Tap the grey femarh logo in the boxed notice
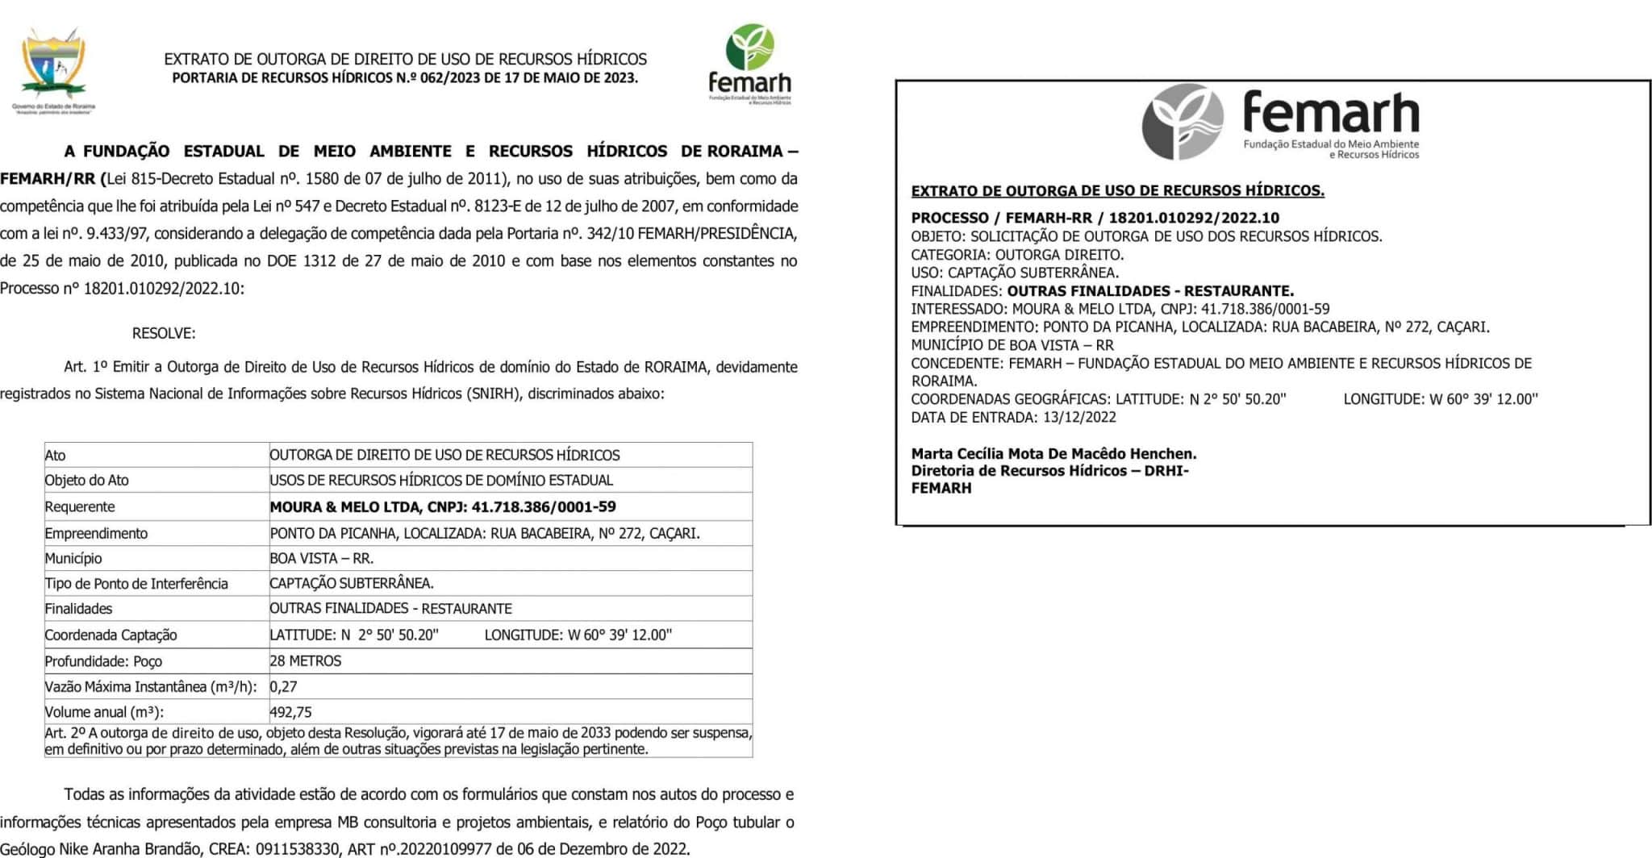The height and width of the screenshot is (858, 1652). coord(1280,122)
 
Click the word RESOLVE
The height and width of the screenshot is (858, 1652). coord(163,333)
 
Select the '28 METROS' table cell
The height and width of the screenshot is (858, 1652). coord(305,661)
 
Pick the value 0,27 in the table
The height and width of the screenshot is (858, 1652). coord(283,687)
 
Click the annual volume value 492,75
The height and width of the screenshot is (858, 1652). coord(290,712)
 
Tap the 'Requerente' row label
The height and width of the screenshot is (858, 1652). coord(80,507)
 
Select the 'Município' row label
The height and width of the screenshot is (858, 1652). coord(73,558)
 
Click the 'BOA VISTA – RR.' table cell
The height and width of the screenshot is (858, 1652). coord(321,558)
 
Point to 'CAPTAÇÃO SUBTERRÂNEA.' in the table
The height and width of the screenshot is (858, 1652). coord(351,583)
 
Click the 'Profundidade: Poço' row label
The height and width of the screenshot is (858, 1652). coord(103,661)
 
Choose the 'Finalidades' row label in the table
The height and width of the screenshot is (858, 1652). coord(78,609)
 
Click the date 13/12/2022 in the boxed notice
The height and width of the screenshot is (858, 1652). coord(1079,417)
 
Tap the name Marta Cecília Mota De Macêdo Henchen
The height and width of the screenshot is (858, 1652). coord(1053,453)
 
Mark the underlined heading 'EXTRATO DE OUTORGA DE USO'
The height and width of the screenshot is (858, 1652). coord(1117,191)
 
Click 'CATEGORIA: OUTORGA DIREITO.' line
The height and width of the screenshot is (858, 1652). coord(1017,255)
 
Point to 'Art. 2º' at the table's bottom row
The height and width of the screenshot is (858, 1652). coord(65,733)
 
